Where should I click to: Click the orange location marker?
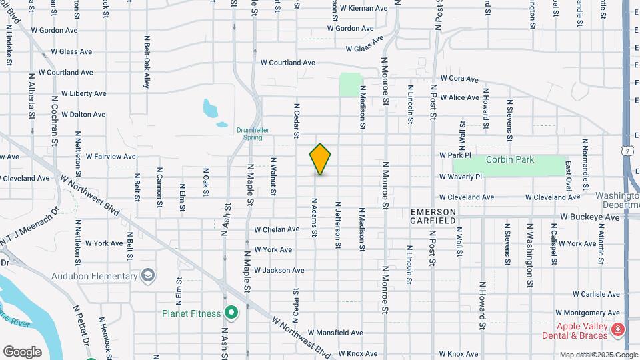click(x=320, y=159)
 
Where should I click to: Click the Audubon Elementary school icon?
click(x=147, y=275)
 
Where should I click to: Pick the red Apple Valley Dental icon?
click(x=618, y=329)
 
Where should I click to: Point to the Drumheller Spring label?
click(x=249, y=134)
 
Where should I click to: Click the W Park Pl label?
click(x=455, y=155)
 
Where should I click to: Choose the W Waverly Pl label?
click(x=460, y=177)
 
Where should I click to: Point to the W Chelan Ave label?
click(x=277, y=229)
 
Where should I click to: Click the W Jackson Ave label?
click(x=279, y=270)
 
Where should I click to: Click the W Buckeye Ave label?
click(x=590, y=217)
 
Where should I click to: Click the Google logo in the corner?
click(x=22, y=351)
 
